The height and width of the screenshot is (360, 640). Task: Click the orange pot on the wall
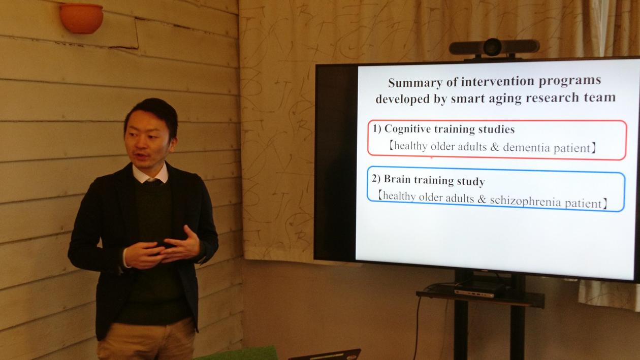[81, 18]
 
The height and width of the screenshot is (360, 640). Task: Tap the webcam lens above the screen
[493, 47]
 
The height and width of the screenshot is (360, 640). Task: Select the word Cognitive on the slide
[408, 129]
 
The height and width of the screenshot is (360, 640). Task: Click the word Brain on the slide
[397, 179]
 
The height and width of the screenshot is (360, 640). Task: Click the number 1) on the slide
[376, 128]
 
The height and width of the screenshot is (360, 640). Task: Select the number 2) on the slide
[376, 179]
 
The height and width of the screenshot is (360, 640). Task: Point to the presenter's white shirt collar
[150, 174]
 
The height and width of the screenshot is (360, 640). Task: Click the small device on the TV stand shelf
[474, 293]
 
